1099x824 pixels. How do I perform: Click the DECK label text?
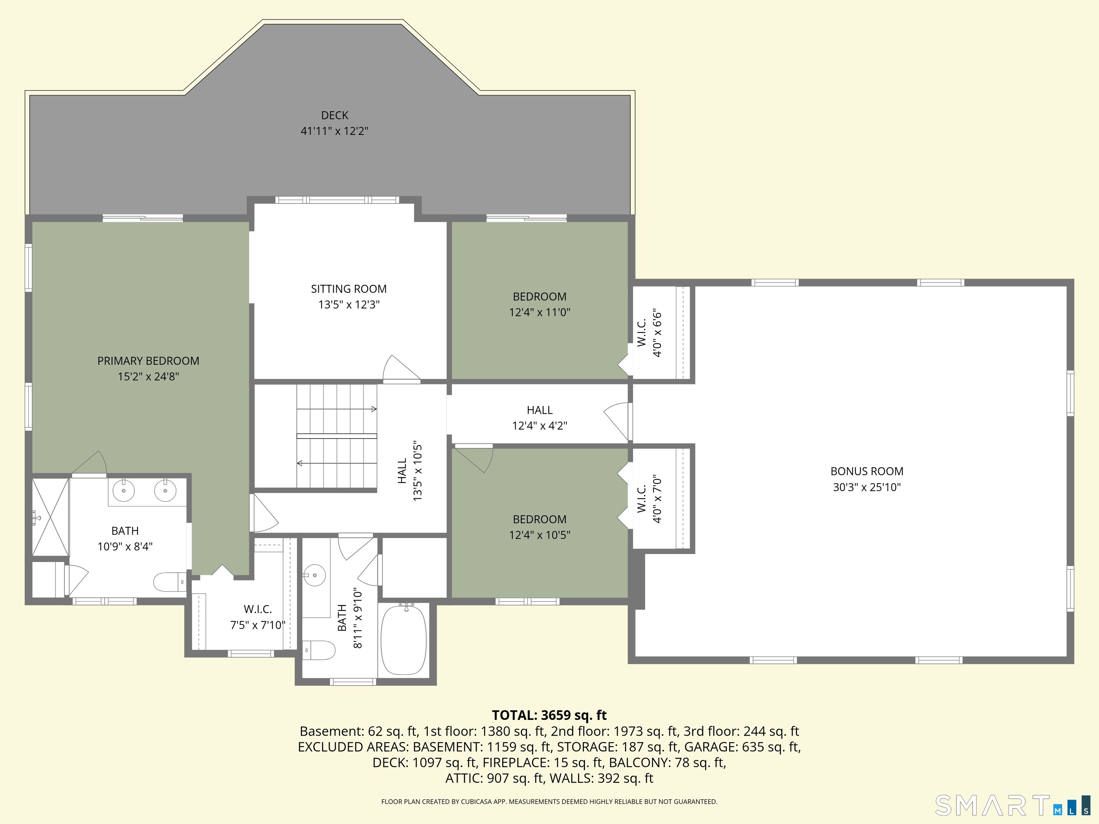click(334, 115)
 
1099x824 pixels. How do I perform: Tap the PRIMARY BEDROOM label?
click(148, 361)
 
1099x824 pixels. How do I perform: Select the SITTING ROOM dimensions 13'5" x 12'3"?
click(349, 304)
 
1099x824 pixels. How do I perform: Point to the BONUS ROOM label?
click(867, 471)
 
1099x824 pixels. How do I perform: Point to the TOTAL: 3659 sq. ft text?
click(549, 715)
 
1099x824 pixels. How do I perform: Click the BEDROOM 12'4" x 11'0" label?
click(539, 304)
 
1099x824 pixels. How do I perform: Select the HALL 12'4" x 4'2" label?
click(539, 418)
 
